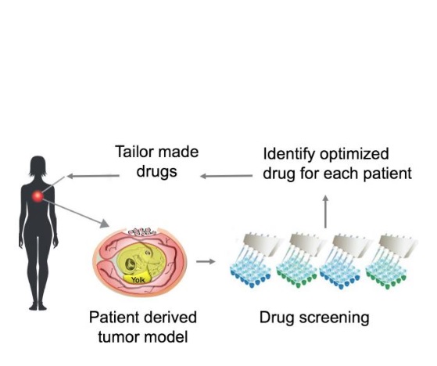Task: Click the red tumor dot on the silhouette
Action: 38,196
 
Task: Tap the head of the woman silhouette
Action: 38,166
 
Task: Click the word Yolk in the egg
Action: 138,280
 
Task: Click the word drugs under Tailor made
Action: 156,172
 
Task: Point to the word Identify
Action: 288,155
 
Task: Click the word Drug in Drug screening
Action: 277,318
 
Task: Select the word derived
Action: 171,318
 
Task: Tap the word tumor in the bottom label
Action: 118,337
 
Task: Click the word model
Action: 166,337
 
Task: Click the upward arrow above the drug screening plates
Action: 325,212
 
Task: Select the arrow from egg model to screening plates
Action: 206,261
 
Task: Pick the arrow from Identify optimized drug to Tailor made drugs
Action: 226,176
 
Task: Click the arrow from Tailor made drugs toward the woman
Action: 93,176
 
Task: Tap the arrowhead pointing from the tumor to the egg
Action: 105,224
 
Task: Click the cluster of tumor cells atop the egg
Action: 141,232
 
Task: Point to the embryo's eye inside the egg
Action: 130,263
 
